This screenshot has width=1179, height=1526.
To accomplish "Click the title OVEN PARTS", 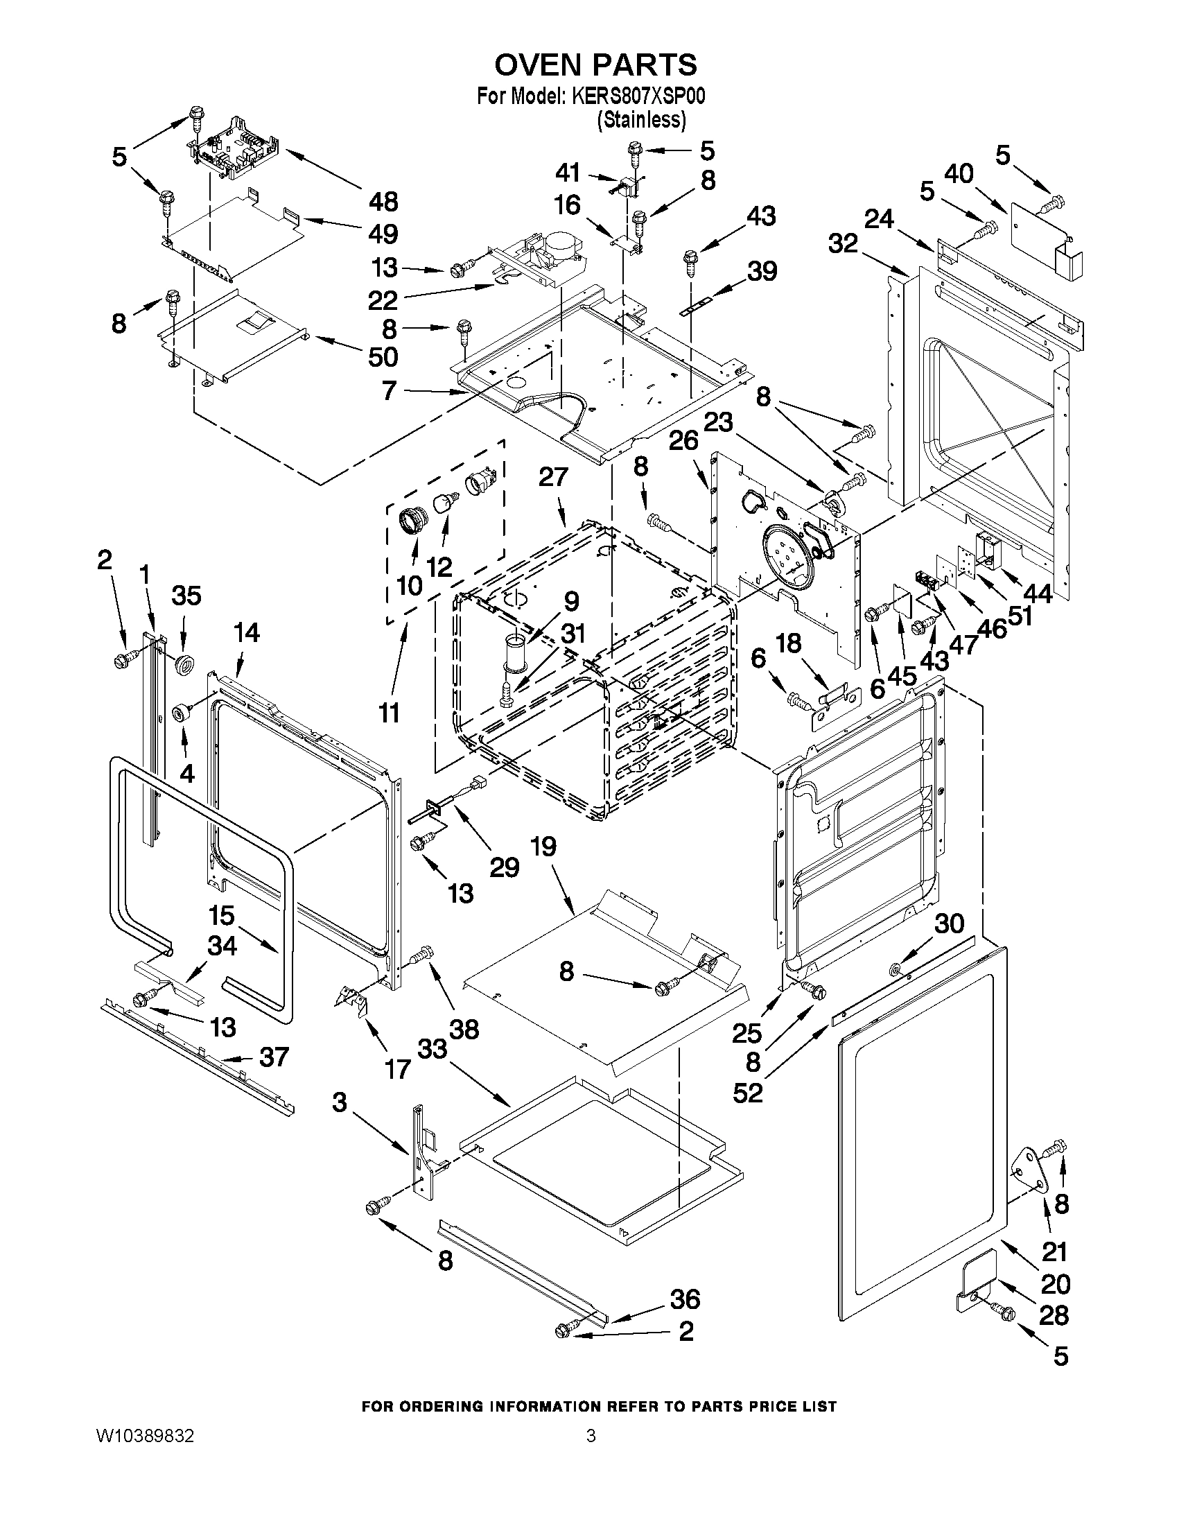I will click(595, 65).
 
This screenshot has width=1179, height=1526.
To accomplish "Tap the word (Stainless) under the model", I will click(640, 120).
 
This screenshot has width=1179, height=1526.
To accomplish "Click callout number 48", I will click(383, 202).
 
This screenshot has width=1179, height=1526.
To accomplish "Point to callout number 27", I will click(553, 478).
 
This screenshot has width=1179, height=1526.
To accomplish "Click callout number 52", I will click(748, 1093).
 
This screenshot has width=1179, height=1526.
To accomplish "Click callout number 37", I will click(274, 1077).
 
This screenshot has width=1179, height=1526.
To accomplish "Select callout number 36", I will click(685, 1299).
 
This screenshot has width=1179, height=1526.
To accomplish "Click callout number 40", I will click(959, 174).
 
